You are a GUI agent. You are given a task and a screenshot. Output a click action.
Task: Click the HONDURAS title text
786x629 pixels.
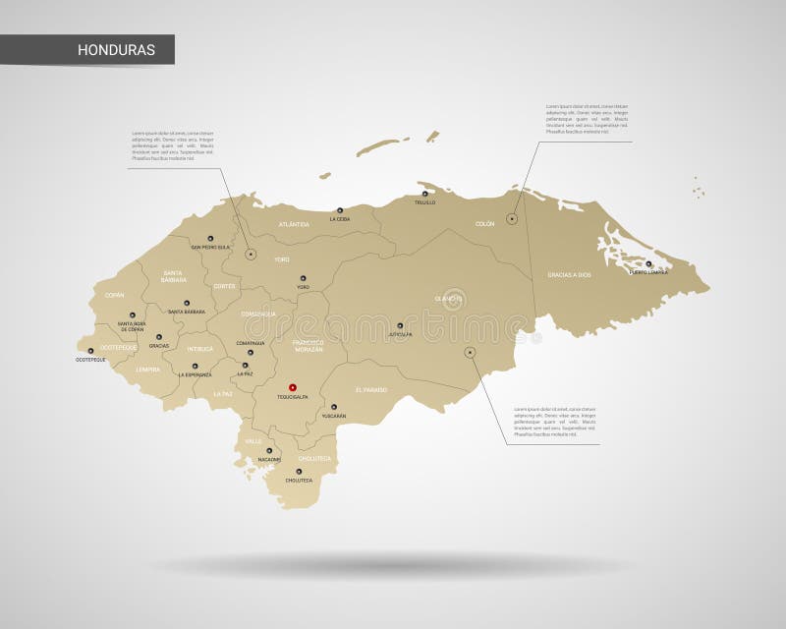(116, 50)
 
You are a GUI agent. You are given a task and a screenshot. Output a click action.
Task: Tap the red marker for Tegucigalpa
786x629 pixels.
(292, 388)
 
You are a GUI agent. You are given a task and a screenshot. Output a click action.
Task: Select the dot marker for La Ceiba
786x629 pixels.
(340, 210)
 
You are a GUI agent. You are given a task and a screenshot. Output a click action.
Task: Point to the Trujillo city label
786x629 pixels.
(424, 202)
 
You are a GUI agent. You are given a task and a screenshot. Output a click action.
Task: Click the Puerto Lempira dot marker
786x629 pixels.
(648, 263)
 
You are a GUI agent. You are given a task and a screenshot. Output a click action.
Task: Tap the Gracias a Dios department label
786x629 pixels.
(570, 275)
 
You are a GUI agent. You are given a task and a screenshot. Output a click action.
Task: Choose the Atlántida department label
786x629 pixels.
(294, 224)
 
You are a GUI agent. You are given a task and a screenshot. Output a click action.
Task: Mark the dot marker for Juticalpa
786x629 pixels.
(400, 325)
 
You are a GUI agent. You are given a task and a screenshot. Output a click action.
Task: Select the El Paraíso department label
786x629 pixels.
(371, 390)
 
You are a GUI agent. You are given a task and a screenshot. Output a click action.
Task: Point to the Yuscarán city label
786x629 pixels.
(333, 416)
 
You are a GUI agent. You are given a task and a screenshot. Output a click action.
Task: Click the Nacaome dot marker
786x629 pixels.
(269, 450)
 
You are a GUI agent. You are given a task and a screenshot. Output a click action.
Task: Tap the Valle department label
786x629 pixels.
(254, 441)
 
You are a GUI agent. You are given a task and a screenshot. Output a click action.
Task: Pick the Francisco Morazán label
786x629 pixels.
(309, 346)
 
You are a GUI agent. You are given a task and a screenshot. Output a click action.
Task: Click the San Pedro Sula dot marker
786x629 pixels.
(209, 238)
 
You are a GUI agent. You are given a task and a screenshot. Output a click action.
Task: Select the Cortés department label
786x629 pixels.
(224, 286)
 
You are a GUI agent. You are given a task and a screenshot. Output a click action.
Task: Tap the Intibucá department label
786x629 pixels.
(200, 349)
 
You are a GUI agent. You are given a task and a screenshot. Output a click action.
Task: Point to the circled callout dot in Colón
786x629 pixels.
(512, 219)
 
